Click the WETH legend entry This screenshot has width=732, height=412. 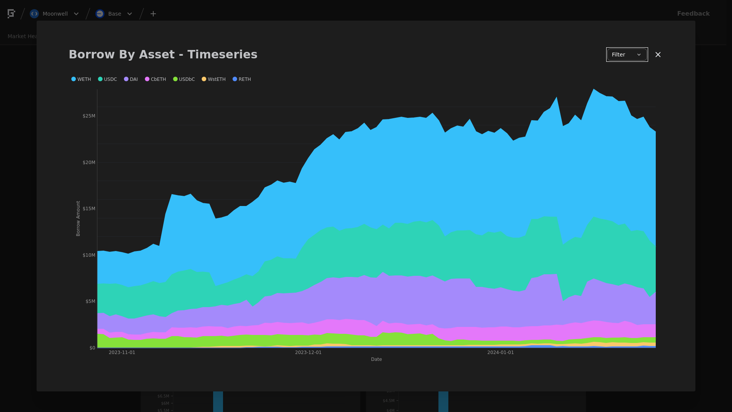[81, 79]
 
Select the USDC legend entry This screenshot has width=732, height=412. [108, 79]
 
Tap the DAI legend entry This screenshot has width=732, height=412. [131, 79]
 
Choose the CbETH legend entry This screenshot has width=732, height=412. [156, 79]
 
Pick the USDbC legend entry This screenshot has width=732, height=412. [184, 79]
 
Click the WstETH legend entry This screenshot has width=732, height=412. [214, 79]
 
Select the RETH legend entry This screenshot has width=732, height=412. [242, 79]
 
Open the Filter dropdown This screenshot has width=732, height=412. [627, 55]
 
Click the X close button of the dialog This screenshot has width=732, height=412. [658, 55]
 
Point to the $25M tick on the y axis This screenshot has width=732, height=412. [89, 116]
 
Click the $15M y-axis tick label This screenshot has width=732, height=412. [89, 209]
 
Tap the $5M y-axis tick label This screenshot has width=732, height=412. [90, 301]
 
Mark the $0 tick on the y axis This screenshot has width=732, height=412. [92, 348]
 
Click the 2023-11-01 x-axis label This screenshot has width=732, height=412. [122, 352]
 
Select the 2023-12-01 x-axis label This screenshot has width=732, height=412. [308, 352]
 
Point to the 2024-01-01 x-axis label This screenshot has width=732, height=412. [501, 352]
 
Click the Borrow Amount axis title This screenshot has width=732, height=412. [78, 219]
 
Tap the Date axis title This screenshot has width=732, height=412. [376, 359]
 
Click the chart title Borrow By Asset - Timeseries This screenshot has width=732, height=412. [163, 55]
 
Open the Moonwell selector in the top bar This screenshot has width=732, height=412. [55, 14]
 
